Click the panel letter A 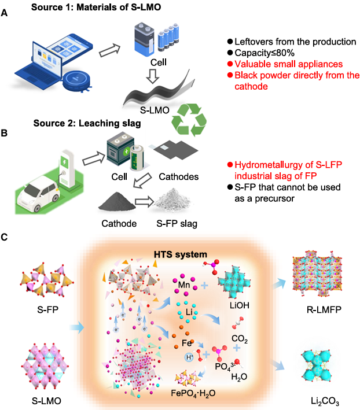5,11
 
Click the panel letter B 5,132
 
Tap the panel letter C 5,238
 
